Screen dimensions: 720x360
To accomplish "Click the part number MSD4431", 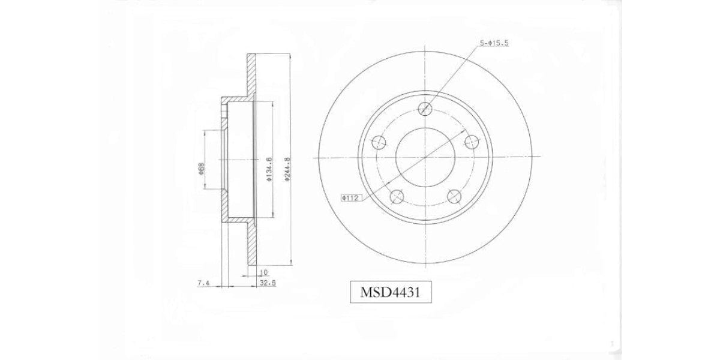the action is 390,292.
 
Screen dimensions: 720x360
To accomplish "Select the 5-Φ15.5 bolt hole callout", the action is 494,43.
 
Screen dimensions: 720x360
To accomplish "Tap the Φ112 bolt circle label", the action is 350,198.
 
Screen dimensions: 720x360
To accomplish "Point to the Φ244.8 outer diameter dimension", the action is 287,169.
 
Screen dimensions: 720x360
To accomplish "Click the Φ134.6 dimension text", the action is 269,169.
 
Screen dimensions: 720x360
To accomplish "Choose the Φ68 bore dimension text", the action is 201,169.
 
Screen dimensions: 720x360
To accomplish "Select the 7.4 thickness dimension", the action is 203,283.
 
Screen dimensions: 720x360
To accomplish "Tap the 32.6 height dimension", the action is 268,283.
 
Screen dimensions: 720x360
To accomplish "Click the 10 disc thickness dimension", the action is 263,272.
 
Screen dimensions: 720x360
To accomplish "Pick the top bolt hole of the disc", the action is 425,109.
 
